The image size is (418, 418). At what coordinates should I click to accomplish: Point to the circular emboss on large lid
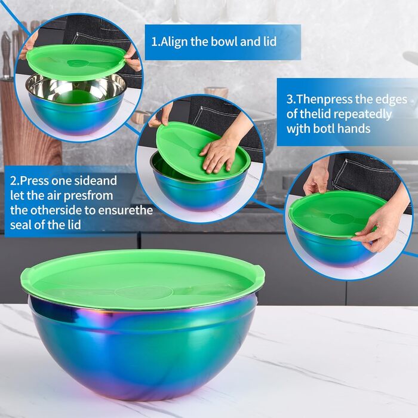pos(143,291)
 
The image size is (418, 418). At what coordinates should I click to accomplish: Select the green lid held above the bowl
pos(75,60)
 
